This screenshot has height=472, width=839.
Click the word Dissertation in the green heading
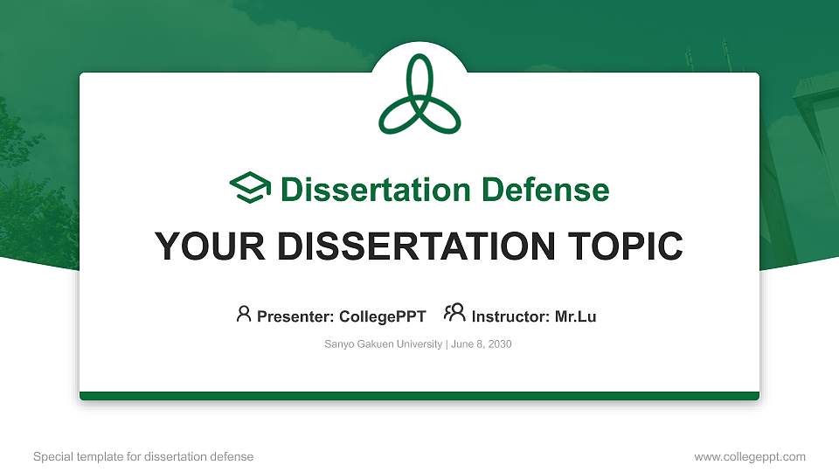pyautogui.click(x=365, y=190)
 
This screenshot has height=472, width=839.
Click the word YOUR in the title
pyautogui.click(x=206, y=246)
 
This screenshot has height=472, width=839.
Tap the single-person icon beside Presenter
pyautogui.click(x=244, y=313)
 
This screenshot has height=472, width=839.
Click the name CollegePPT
pyautogui.click(x=382, y=316)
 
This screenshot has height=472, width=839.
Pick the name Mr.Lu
pyautogui.click(x=575, y=316)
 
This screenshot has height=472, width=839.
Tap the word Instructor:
pyautogui.click(x=511, y=316)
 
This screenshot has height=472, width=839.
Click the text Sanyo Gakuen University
pyautogui.click(x=383, y=344)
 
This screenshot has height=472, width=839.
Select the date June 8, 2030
pyautogui.click(x=482, y=344)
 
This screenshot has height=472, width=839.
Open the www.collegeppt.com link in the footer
pyautogui.click(x=749, y=456)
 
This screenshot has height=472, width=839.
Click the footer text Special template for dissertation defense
pyautogui.click(x=143, y=456)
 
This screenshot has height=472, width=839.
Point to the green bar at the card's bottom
pyautogui.click(x=419, y=396)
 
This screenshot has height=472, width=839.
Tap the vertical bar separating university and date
pyautogui.click(x=447, y=344)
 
